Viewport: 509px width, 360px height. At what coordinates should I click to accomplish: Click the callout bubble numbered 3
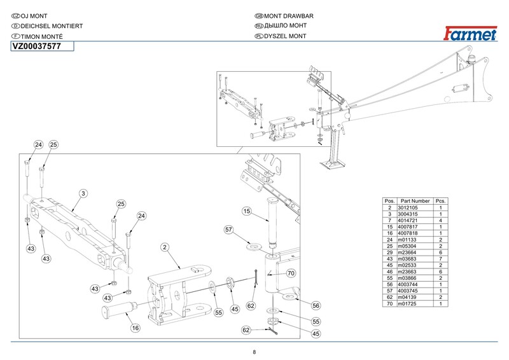point(83,192)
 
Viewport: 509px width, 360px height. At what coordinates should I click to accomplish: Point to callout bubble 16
point(134,328)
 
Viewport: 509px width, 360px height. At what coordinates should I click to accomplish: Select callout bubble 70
point(291,274)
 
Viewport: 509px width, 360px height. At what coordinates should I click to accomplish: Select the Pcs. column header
point(440,201)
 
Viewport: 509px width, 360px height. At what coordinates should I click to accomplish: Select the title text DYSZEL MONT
point(286,36)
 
